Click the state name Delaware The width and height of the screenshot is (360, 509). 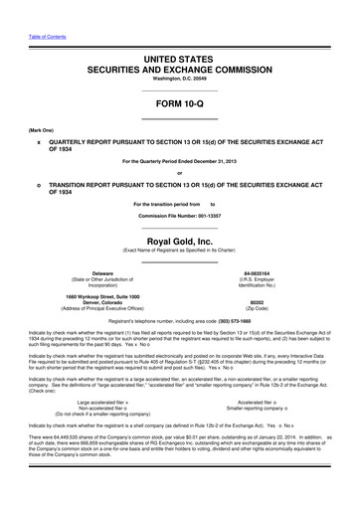click(x=102, y=245)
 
